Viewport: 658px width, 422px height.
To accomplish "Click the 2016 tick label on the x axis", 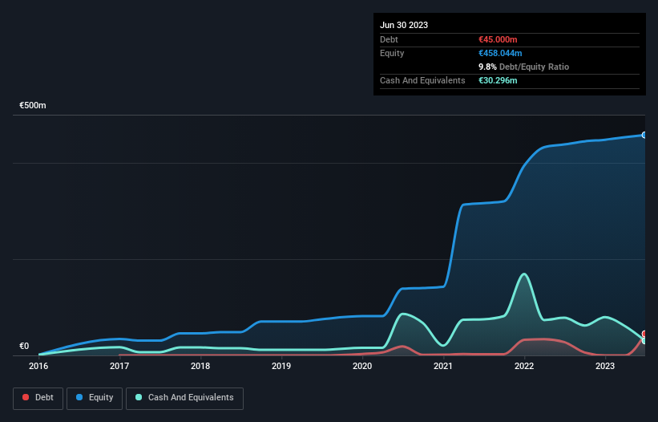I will [x=38, y=367].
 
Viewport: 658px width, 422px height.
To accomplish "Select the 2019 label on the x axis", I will [x=281, y=367].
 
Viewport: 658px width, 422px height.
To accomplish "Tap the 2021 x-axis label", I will [x=443, y=367].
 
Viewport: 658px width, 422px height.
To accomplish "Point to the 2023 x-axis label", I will [x=605, y=367].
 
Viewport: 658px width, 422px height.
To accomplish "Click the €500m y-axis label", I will [x=33, y=106].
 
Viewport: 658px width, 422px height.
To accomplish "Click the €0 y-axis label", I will [x=24, y=347].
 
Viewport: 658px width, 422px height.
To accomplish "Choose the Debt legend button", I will [x=37, y=398].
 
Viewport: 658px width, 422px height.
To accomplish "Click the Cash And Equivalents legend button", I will [x=184, y=398].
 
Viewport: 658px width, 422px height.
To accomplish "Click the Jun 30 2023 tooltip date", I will [x=404, y=25].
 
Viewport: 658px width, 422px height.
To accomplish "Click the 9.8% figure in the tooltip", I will [x=488, y=67].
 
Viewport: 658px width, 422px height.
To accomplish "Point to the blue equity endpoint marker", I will [x=644, y=135].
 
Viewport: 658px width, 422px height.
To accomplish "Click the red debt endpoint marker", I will [x=644, y=334].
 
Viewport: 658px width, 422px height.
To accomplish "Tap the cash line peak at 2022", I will [x=524, y=274].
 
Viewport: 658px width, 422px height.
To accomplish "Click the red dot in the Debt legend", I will [x=26, y=398].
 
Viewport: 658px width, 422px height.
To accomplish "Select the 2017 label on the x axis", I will [x=119, y=367].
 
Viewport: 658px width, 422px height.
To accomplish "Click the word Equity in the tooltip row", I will [x=392, y=53].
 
